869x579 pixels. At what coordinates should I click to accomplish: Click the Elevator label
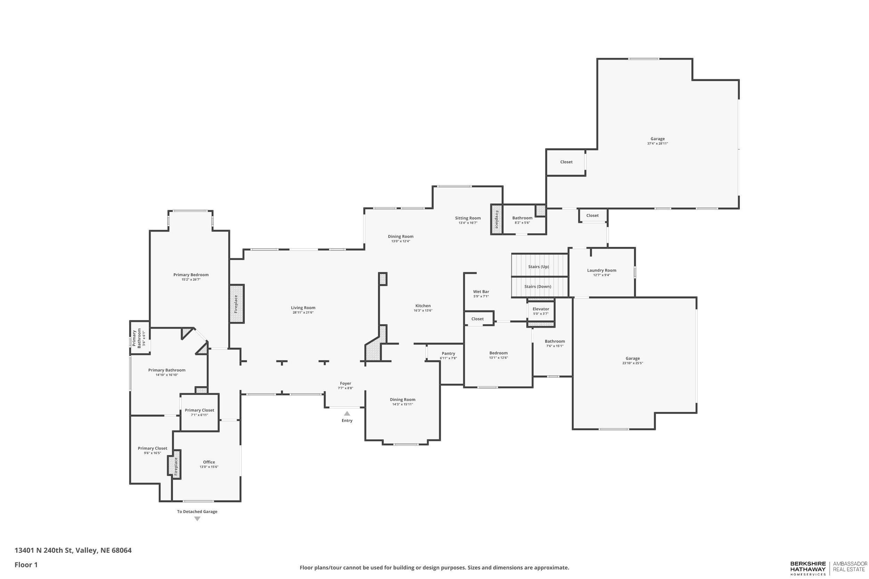click(x=541, y=309)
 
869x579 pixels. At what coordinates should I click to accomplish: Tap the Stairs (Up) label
click(x=538, y=267)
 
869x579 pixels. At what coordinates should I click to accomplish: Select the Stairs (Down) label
click(x=538, y=287)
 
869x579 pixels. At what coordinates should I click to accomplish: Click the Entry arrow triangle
click(x=347, y=414)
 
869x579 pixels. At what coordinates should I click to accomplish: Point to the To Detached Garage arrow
click(x=197, y=519)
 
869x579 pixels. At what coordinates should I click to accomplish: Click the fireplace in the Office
click(x=176, y=464)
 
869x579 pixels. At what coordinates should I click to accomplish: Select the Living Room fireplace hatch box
click(x=236, y=304)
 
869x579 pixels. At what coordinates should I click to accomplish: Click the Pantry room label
click(x=448, y=353)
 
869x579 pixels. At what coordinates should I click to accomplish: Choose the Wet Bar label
click(x=481, y=292)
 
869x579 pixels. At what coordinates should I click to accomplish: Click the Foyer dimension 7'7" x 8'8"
click(x=346, y=388)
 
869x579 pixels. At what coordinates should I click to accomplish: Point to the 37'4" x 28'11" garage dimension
click(x=657, y=144)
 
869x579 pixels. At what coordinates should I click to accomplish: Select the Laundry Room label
click(x=601, y=270)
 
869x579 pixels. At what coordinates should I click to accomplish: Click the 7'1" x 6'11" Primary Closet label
click(x=200, y=410)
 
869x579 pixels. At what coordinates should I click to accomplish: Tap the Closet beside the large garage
click(x=566, y=162)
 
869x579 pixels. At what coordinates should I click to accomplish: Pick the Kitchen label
click(x=423, y=306)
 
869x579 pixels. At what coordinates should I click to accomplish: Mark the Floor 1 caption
click(x=26, y=565)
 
